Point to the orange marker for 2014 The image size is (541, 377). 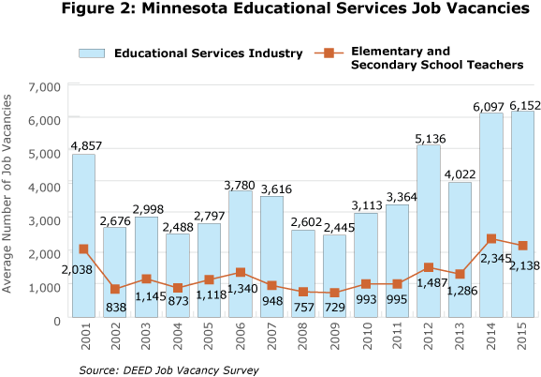[x=490, y=239]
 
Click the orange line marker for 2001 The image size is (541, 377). [x=83, y=249]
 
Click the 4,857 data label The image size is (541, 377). [x=83, y=145]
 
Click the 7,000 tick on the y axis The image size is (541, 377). [x=44, y=87]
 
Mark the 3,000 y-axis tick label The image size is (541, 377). [x=44, y=220]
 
